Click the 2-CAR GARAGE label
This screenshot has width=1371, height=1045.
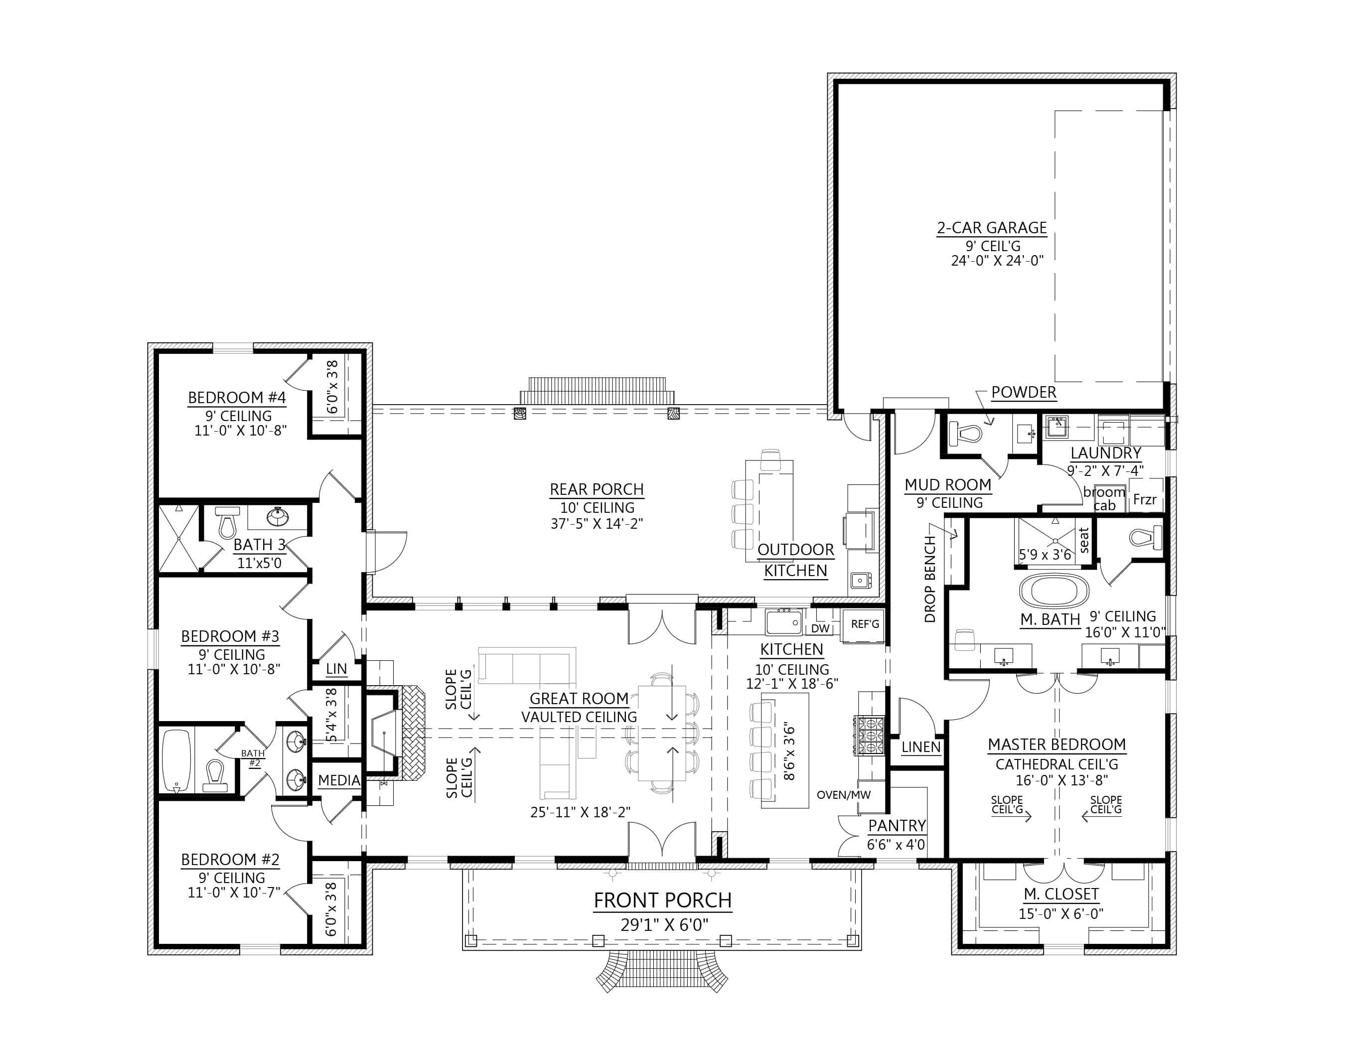coord(992,228)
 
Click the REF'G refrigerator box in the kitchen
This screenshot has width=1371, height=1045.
coord(865,624)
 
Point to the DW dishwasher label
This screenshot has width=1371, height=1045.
coord(820,628)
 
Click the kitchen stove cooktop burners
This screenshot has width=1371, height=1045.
coord(871,735)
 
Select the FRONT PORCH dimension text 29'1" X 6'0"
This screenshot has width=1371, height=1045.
coord(664,925)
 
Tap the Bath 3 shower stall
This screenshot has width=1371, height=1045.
coord(178,538)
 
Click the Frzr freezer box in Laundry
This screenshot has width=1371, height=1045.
coord(1145,499)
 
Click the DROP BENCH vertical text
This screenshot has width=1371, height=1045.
coord(930,579)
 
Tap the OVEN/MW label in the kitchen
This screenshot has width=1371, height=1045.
coord(844,795)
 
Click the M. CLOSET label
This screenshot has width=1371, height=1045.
coord(1061,894)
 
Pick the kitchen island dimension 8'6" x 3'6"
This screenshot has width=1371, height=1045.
coord(789,752)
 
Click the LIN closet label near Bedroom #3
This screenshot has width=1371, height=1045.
coord(336,669)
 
